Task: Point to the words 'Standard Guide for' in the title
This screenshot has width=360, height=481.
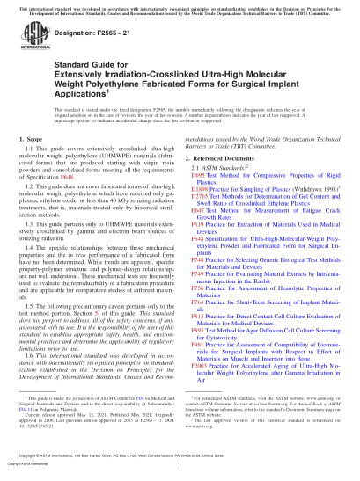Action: point(74,68)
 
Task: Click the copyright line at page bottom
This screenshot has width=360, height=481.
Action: point(180,465)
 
